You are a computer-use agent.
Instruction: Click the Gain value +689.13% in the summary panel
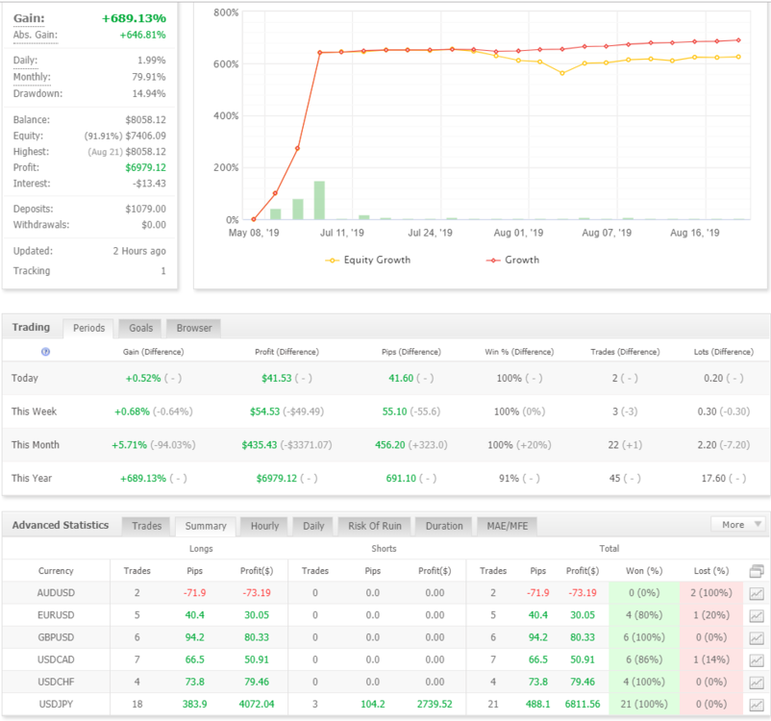[134, 18]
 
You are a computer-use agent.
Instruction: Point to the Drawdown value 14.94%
[149, 93]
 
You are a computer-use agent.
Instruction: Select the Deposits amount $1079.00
[145, 209]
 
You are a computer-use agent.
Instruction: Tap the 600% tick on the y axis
[226, 64]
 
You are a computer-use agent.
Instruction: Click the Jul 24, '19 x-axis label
[431, 233]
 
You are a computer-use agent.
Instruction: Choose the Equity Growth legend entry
[368, 260]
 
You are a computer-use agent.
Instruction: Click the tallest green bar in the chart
[319, 200]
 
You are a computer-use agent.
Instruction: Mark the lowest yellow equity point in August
[562, 73]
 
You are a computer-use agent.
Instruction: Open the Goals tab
[141, 328]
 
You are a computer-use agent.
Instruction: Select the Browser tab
[194, 328]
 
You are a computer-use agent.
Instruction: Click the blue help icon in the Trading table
[46, 352]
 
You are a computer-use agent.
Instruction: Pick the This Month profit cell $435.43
[260, 445]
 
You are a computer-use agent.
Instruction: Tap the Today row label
[25, 378]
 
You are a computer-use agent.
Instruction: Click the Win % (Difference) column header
[519, 352]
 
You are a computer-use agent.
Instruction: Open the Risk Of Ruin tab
[375, 526]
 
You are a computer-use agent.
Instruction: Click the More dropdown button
[737, 524]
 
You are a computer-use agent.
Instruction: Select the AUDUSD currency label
[56, 592]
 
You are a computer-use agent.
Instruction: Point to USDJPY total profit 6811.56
[583, 704]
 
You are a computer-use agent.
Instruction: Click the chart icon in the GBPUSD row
[757, 638]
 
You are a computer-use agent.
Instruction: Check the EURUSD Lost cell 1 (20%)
[711, 614]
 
